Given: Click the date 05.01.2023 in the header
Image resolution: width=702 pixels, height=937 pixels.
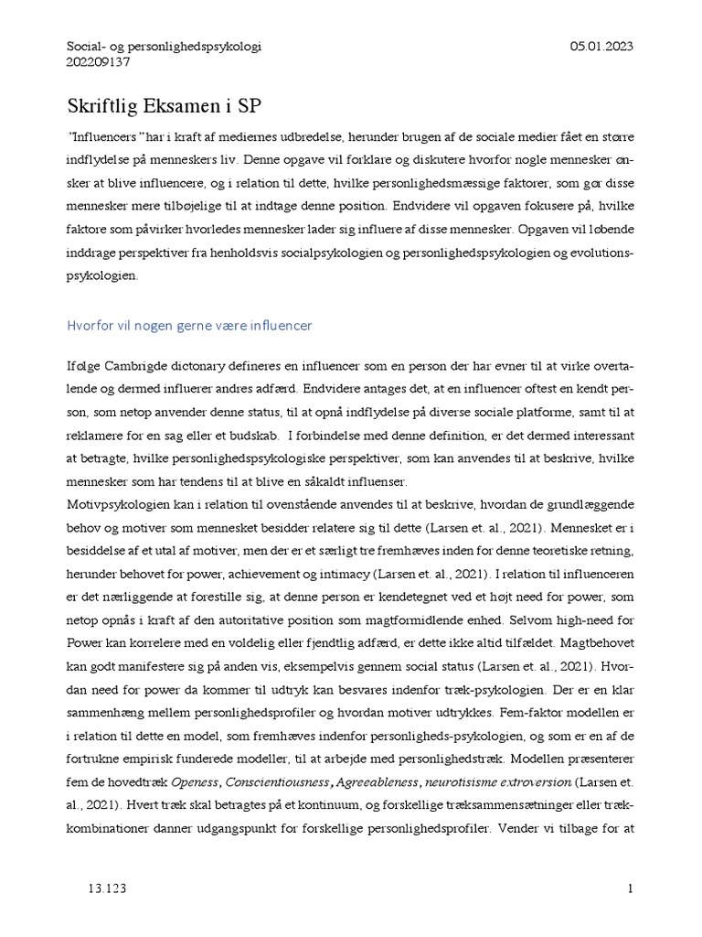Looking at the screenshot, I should [601, 46].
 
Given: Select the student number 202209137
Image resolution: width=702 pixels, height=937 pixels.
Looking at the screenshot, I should [100, 62].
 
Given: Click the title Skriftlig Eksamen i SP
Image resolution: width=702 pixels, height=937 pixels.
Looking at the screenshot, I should [165, 105].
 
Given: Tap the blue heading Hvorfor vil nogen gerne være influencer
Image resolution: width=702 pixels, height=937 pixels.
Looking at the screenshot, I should [190, 325].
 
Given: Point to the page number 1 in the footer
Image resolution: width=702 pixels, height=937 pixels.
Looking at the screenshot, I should [631, 889].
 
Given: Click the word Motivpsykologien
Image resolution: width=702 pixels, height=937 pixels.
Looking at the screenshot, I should [120, 505].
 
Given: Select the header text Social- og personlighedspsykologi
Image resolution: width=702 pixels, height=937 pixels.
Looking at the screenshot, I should [165, 46].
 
